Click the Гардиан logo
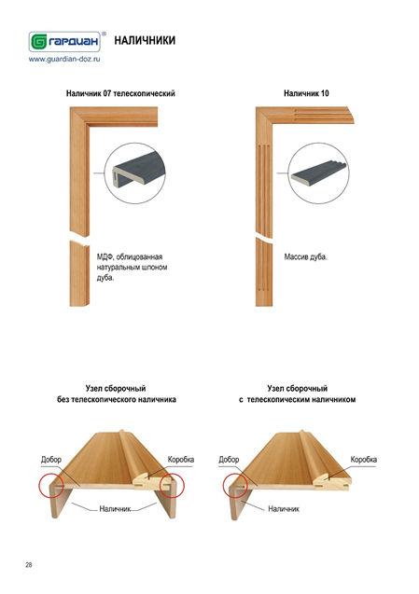click(64, 41)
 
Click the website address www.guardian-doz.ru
click(64, 59)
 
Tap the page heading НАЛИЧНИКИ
click(145, 40)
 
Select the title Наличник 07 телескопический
click(120, 93)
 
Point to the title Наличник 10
click(306, 93)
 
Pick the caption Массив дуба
click(306, 256)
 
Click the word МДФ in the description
click(105, 256)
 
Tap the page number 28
click(29, 565)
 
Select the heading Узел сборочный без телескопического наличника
click(117, 394)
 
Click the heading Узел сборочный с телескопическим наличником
click(298, 394)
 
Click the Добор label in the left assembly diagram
click(51, 460)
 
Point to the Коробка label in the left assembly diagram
click(181, 460)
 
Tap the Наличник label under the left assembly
click(115, 509)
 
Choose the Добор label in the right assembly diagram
click(229, 460)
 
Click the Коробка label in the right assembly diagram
click(363, 460)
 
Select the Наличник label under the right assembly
click(284, 509)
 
